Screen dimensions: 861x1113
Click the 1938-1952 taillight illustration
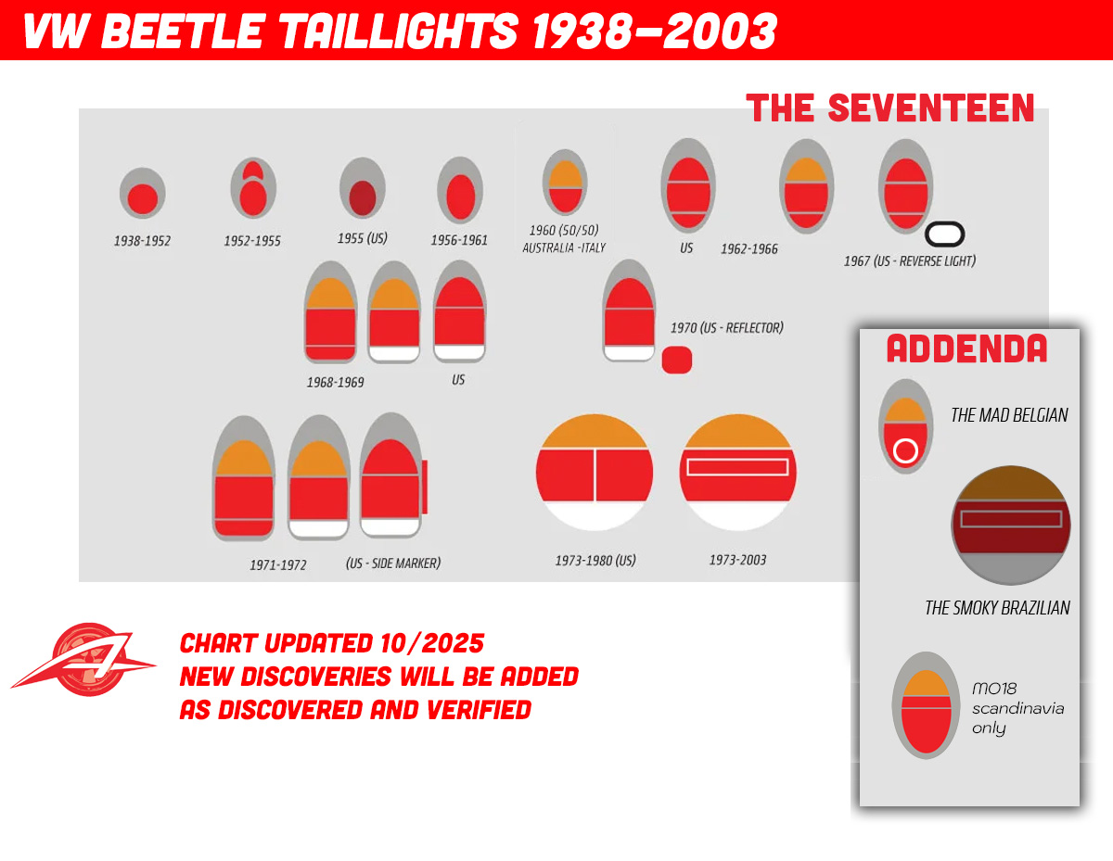[142, 195]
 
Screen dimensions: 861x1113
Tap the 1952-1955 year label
[252, 241]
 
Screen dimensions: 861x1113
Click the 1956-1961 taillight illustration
[460, 191]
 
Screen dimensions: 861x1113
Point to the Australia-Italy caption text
[564, 248]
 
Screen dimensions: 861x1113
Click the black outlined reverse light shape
[945, 234]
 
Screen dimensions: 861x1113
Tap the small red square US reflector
[677, 360]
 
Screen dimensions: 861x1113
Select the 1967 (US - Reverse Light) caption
[909, 261]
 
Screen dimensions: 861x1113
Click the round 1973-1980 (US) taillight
[595, 473]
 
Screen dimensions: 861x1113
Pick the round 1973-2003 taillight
[737, 473]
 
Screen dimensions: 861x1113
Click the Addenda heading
[966, 349]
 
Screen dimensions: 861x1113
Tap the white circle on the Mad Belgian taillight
[906, 451]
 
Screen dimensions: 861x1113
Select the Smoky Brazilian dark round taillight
[1011, 525]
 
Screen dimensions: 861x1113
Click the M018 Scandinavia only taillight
[926, 706]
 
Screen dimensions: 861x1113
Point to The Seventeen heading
[890, 108]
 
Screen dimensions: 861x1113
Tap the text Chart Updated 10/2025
[332, 643]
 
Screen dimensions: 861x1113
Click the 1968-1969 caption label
[336, 382]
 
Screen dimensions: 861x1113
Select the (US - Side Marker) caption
[393, 563]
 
